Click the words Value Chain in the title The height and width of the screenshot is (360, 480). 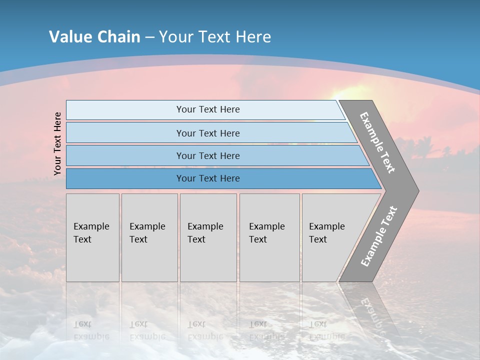click(x=94, y=37)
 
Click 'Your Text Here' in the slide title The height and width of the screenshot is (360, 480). click(x=215, y=37)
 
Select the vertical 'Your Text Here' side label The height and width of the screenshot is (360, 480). click(x=57, y=143)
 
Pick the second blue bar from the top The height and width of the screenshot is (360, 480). click(x=207, y=133)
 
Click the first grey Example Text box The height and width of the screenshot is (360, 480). click(x=92, y=237)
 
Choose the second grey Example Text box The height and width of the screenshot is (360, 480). click(x=149, y=237)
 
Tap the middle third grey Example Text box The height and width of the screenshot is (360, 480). click(x=208, y=237)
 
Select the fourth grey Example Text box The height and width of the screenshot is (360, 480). click(x=269, y=237)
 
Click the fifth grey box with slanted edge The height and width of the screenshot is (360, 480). click(x=330, y=237)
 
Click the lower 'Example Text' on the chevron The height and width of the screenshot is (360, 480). click(x=379, y=236)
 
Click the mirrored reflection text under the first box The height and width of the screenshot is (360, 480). click(x=91, y=330)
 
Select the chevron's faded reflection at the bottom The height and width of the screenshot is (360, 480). click(x=370, y=310)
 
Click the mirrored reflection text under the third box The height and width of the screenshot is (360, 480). click(x=205, y=330)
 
